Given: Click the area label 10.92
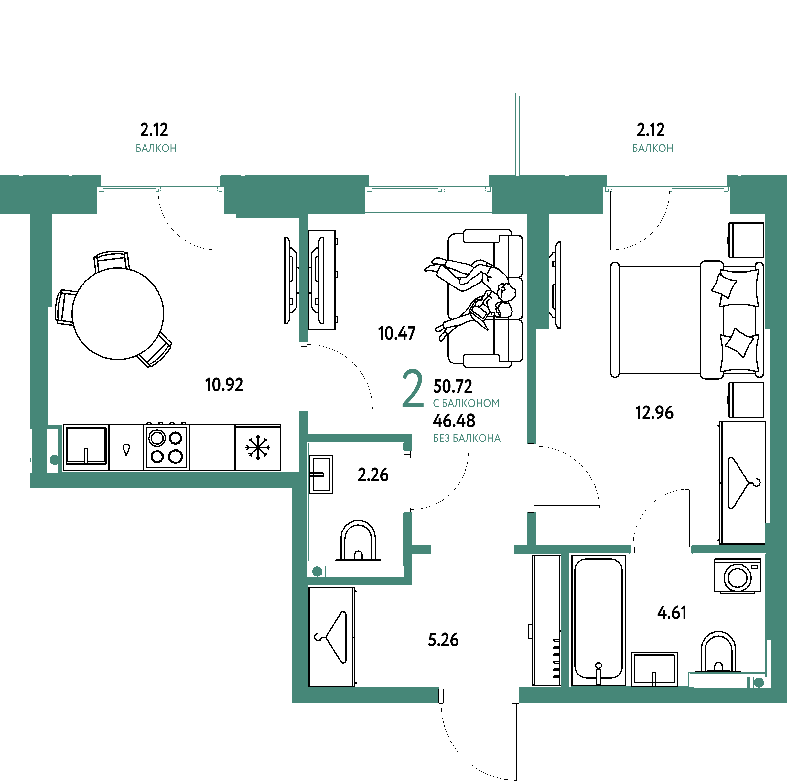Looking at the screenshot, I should click(224, 385).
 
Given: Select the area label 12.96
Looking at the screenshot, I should click(654, 412).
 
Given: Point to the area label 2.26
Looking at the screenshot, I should click(373, 475).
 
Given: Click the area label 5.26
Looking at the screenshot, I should click(443, 640).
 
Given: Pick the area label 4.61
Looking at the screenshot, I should click(672, 613).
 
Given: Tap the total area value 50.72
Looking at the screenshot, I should click(453, 385).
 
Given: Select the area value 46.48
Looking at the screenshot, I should click(454, 420).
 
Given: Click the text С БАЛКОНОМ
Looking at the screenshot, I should click(466, 403).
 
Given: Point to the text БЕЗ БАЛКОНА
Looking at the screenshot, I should click(467, 439).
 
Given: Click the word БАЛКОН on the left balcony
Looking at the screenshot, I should click(156, 148).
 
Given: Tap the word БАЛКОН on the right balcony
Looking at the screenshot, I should click(652, 148).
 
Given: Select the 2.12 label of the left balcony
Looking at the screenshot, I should click(154, 130).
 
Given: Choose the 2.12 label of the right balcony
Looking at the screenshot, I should click(651, 130).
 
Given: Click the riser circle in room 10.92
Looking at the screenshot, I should click(54, 460).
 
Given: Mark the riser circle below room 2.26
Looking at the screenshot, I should click(317, 572).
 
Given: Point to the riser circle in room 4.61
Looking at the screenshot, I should click(759, 683).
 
